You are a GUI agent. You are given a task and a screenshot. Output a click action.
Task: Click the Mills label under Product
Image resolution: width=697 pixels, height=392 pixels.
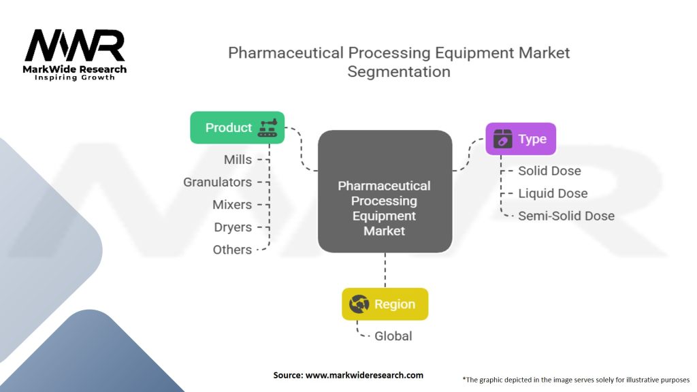pyautogui.click(x=238, y=159)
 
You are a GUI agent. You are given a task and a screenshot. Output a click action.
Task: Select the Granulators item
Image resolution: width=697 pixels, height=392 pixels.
pyautogui.click(x=217, y=182)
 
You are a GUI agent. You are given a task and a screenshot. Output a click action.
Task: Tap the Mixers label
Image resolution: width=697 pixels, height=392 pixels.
pyautogui.click(x=232, y=204)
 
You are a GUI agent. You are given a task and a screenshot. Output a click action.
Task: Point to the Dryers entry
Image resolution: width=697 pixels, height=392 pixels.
pyautogui.click(x=232, y=227)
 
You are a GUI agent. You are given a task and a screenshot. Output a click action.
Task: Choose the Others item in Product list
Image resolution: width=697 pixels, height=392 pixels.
pyautogui.click(x=232, y=249)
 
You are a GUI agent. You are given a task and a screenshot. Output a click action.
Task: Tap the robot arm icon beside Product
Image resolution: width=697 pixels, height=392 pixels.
pyautogui.click(x=268, y=128)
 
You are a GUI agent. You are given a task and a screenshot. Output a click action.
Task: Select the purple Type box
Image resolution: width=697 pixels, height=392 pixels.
pyautogui.click(x=520, y=139)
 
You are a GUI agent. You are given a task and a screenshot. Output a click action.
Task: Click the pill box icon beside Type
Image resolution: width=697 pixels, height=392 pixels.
pyautogui.click(x=502, y=139)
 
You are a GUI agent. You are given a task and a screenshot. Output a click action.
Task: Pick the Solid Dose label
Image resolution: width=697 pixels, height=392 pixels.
pyautogui.click(x=549, y=171)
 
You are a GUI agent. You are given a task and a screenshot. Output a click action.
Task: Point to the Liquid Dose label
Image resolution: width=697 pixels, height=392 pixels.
pyautogui.click(x=552, y=193)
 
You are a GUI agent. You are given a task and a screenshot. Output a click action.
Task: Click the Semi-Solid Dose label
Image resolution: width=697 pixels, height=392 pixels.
pyautogui.click(x=566, y=216)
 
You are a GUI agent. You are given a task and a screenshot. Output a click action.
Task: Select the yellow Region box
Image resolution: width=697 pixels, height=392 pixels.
pyautogui.click(x=385, y=304)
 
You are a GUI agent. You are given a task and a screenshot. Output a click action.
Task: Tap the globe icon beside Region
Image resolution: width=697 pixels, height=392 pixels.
pyautogui.click(x=359, y=304)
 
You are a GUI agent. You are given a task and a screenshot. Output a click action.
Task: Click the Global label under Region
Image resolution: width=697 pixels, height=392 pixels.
pyautogui.click(x=393, y=336)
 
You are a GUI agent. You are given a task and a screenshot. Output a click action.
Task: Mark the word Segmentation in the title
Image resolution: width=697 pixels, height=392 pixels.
pyautogui.click(x=398, y=71)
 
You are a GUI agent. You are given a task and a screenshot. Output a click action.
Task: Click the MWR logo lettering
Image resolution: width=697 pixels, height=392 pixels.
pyautogui.click(x=75, y=46)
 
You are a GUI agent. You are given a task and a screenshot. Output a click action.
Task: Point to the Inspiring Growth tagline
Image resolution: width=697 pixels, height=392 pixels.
pyautogui.click(x=75, y=78)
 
